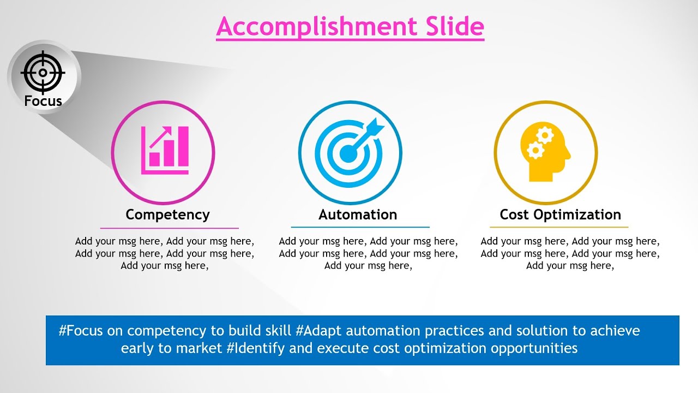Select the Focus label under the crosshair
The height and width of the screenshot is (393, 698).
tap(43, 101)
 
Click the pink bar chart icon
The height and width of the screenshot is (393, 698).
tap(165, 151)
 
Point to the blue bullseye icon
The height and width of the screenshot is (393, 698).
tap(349, 153)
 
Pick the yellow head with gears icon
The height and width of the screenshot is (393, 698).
tap(544, 153)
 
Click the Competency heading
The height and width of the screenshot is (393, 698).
tap(167, 215)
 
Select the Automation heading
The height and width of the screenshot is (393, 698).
tap(358, 215)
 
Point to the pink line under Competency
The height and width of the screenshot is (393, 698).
tap(169, 228)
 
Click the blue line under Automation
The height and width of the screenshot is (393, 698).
tap(360, 227)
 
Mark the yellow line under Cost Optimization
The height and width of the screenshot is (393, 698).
tap(559, 227)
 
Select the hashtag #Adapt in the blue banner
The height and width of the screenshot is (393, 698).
tap(319, 331)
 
